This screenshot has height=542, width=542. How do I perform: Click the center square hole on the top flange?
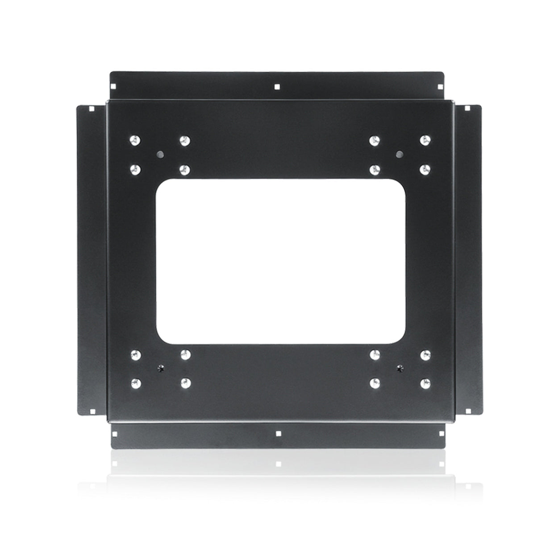coord(277,87)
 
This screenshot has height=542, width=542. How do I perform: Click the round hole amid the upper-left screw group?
coord(159,154)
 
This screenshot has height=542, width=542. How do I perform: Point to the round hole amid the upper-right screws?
coord(399,154)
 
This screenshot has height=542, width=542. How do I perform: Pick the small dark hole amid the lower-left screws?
coord(159,368)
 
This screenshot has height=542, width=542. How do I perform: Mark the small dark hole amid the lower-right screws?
coord(399,368)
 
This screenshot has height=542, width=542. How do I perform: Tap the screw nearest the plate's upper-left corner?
coord(133,141)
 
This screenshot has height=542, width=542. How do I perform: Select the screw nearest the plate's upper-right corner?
coord(425,141)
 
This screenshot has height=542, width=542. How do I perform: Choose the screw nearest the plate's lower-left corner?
coord(133,383)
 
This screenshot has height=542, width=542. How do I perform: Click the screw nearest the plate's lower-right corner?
coord(425,383)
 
